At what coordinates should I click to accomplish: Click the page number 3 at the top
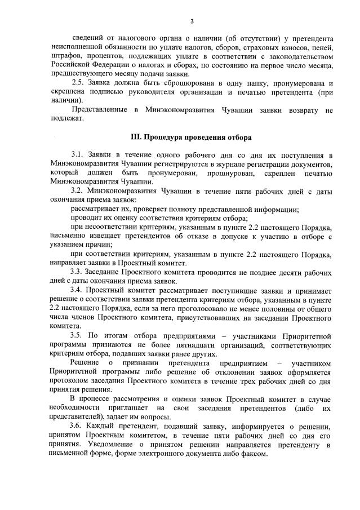click(192, 21)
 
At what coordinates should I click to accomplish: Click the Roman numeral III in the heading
click(136, 137)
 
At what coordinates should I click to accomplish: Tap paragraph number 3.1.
click(77, 155)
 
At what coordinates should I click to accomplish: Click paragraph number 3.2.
click(77, 191)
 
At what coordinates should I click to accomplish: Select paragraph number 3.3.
click(77, 272)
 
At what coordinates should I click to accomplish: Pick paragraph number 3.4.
click(77, 290)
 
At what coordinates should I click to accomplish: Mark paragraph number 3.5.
click(77, 335)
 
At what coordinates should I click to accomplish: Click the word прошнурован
click(212, 173)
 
